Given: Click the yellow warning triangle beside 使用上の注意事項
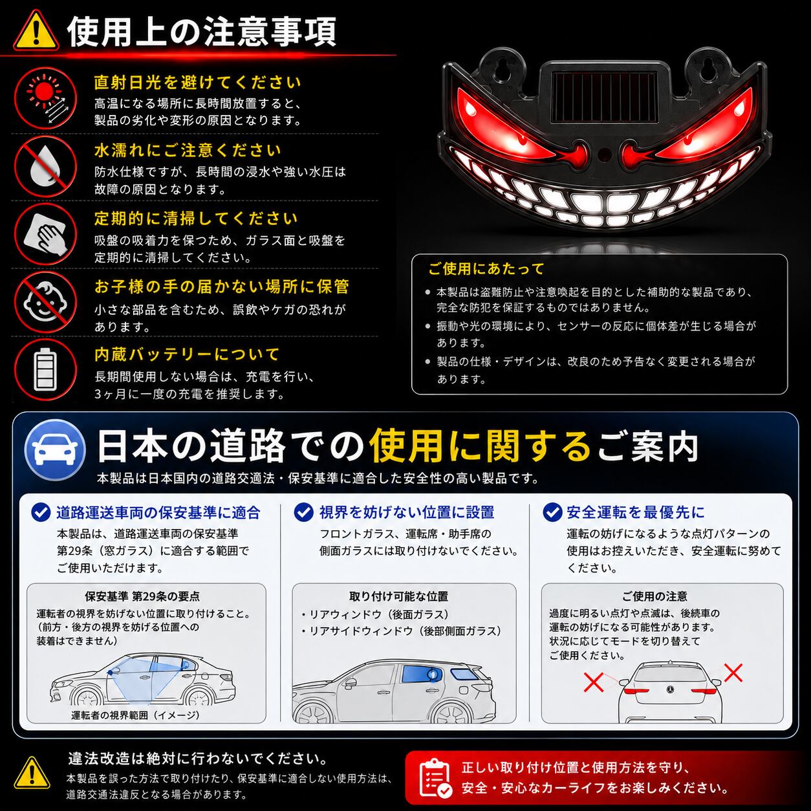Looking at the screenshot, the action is (x=36, y=32).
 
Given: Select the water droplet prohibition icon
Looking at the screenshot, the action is (x=45, y=167).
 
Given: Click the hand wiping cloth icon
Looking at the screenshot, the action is (x=45, y=234).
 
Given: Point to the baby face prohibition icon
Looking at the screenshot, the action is (x=45, y=302).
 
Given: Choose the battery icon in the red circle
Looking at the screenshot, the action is (x=45, y=370).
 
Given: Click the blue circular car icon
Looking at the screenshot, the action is (x=55, y=449).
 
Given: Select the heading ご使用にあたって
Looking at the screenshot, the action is (x=486, y=269).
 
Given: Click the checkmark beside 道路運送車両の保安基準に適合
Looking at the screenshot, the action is (x=41, y=512).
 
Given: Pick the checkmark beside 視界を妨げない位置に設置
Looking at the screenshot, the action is (x=303, y=512).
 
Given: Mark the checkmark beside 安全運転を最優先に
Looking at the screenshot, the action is (x=552, y=512).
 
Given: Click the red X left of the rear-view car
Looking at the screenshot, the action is (x=594, y=682).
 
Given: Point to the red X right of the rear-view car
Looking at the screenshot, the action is (x=733, y=673).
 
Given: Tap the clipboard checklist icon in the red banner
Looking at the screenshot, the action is (x=436, y=778).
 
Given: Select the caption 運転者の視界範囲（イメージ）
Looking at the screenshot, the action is (x=135, y=715).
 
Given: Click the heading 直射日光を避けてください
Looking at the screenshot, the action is (x=197, y=82).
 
